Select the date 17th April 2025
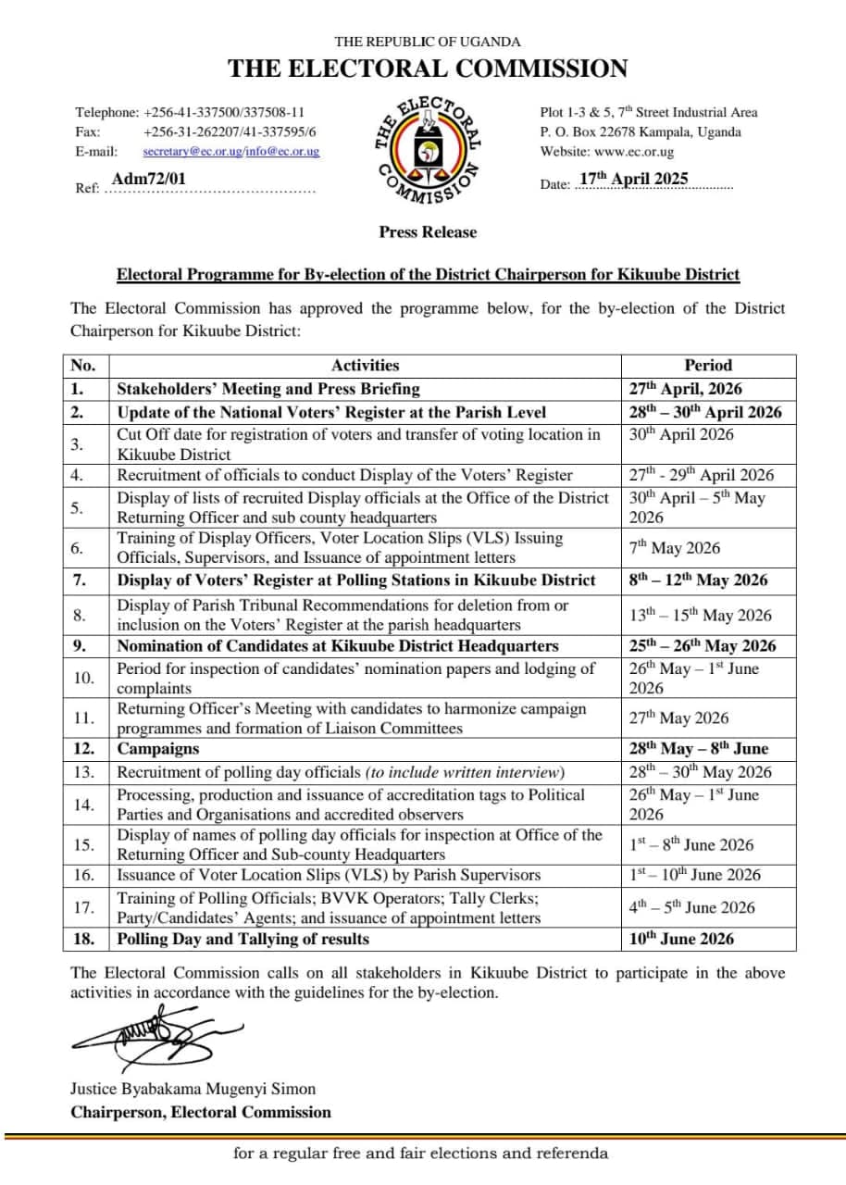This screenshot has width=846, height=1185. [x=634, y=180]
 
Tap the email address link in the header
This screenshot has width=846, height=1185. [x=231, y=151]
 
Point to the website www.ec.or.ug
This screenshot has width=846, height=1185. [x=634, y=152]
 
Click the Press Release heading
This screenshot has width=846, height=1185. [x=428, y=232]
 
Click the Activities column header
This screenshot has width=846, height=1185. [x=365, y=366]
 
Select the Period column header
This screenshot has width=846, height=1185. [x=708, y=366]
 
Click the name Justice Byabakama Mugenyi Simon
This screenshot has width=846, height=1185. [x=193, y=1089]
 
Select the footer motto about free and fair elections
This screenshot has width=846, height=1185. [x=421, y=1154]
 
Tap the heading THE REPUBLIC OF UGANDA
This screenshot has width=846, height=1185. [x=428, y=42]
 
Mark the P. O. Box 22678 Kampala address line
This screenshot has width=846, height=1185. [x=641, y=131]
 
